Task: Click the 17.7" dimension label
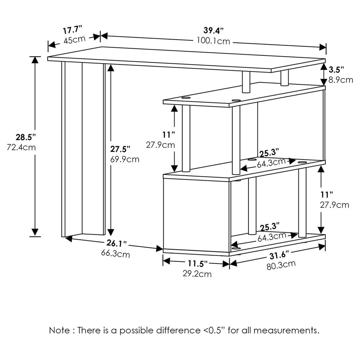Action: tap(73, 30)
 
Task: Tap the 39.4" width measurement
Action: tap(213, 30)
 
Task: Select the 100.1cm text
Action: tap(213, 41)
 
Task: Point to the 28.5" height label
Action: tap(26, 137)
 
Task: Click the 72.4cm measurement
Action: tap(21, 147)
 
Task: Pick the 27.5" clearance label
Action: tap(120, 149)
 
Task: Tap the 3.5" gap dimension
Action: tap(336, 69)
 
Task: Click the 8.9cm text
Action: tap(341, 80)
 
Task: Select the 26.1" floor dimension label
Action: tap(117, 243)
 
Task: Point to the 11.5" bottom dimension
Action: tap(198, 264)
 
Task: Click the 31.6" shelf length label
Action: tap(279, 255)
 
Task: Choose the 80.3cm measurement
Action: tap(281, 265)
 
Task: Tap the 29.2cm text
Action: tap(197, 274)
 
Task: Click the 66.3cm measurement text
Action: tap(116, 253)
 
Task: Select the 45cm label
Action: tap(75, 40)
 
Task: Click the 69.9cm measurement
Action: tap(125, 159)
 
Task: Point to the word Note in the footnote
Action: tap(59, 330)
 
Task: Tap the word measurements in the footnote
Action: tap(286, 330)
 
